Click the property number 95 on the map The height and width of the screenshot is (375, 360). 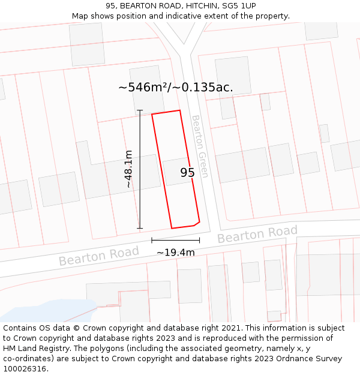pyautogui.click(x=187, y=173)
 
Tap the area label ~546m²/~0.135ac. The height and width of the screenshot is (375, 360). pyautogui.click(x=175, y=88)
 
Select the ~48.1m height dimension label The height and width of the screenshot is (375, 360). pyautogui.click(x=128, y=169)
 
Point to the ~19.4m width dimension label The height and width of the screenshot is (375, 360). pyautogui.click(x=175, y=253)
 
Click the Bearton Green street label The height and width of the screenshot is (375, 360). pyautogui.click(x=200, y=146)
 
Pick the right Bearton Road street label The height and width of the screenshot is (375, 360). pyautogui.click(x=257, y=235)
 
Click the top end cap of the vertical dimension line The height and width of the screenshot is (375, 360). pyautogui.click(x=140, y=110)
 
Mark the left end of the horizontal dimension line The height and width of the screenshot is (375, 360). pyautogui.click(x=152, y=241)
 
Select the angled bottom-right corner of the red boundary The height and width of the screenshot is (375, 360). pyautogui.click(x=198, y=221)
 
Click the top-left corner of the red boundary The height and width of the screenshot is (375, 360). pyautogui.click(x=152, y=114)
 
